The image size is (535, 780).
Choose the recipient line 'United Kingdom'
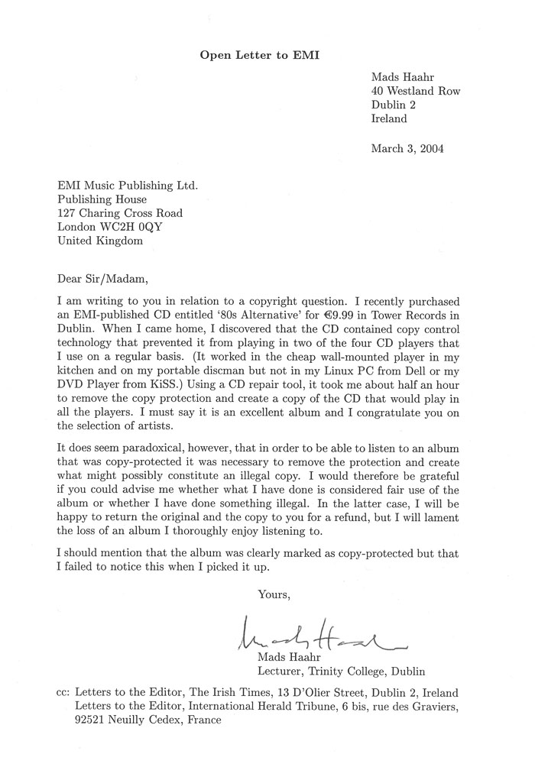[x=99, y=241]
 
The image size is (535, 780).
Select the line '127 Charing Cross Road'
[x=120, y=213]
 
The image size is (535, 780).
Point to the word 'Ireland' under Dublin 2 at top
[x=390, y=119]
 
